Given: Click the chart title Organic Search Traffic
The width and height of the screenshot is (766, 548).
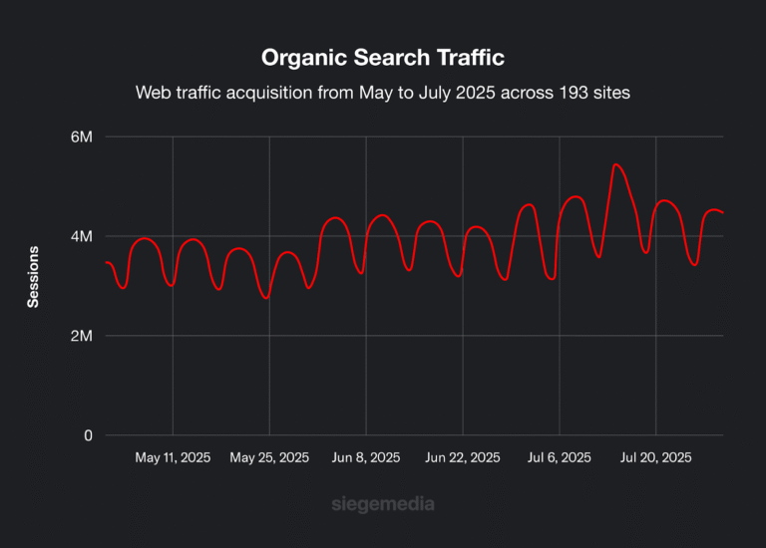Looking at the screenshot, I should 383,57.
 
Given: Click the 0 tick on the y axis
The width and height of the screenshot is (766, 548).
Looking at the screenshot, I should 88,435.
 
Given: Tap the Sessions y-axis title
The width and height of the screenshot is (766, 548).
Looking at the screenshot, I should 33,276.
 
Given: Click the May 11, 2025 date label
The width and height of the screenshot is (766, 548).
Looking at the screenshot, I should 173,458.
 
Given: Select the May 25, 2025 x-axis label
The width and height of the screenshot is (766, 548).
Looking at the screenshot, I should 269,458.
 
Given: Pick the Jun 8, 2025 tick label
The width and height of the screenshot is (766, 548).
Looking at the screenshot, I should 366,458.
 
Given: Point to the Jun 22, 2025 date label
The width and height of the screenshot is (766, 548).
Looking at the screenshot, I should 463,458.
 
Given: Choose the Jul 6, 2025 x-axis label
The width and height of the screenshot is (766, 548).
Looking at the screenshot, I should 560,458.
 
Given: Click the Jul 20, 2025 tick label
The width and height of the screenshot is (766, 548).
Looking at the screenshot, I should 655,458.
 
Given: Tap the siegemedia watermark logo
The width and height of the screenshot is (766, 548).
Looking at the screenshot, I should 383,504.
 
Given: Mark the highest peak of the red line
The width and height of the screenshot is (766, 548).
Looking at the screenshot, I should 616,164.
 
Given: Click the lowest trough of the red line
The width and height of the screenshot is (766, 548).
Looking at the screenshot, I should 265,298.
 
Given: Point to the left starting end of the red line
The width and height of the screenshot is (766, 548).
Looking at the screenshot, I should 106,262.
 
